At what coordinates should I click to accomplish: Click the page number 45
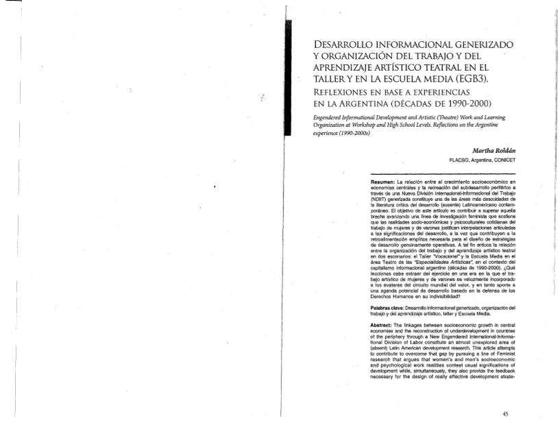click(x=505, y=414)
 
